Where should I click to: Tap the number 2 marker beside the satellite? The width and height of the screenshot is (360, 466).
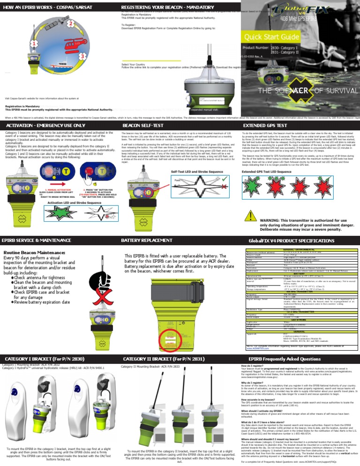(71, 23)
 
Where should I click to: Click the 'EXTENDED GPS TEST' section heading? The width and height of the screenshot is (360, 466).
(264, 126)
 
